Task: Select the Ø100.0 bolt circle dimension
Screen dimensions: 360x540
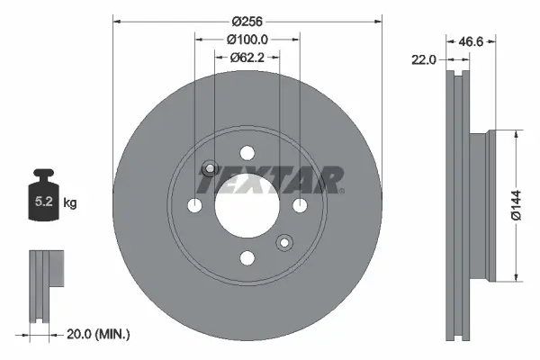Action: pyautogui.click(x=247, y=39)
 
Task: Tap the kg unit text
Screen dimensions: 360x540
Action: pyautogui.click(x=71, y=203)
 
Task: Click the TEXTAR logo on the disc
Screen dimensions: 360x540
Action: pyautogui.click(x=270, y=180)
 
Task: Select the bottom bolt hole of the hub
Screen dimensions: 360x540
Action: pyautogui.click(x=247, y=258)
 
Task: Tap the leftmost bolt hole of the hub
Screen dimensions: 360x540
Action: pyautogui.click(x=195, y=206)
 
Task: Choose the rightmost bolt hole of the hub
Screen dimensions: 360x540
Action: pyautogui.click(x=300, y=206)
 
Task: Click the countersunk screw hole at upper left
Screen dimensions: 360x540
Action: pyautogui.click(x=210, y=168)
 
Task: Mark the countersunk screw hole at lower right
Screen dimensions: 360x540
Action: pyautogui.click(x=285, y=243)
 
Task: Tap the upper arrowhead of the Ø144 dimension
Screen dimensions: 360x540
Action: pyautogui.click(x=515, y=135)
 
